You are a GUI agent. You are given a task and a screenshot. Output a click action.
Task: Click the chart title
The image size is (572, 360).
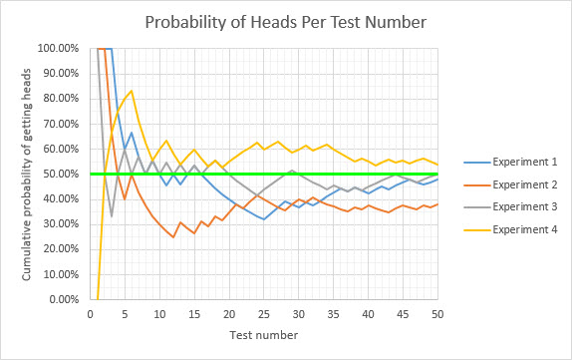[x=285, y=22]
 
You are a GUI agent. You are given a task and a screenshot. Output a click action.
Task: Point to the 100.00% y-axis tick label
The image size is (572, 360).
[x=61, y=48]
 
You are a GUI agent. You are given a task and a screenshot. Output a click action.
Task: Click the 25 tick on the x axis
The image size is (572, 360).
[x=264, y=313]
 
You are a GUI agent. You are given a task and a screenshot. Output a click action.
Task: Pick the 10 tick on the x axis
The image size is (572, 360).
[x=159, y=313]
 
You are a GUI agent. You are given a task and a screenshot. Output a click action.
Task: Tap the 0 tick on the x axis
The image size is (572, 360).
[x=91, y=313]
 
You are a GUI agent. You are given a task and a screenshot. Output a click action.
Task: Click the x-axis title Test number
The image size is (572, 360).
[x=264, y=334]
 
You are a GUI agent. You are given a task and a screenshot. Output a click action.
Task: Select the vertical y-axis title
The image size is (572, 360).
[x=27, y=174]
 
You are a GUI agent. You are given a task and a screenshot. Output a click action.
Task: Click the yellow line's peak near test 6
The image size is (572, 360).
[x=132, y=91]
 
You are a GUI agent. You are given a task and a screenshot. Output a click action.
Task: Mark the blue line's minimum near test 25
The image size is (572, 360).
[x=264, y=219]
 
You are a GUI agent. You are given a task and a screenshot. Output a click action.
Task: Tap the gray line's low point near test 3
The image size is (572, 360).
[x=112, y=216]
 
